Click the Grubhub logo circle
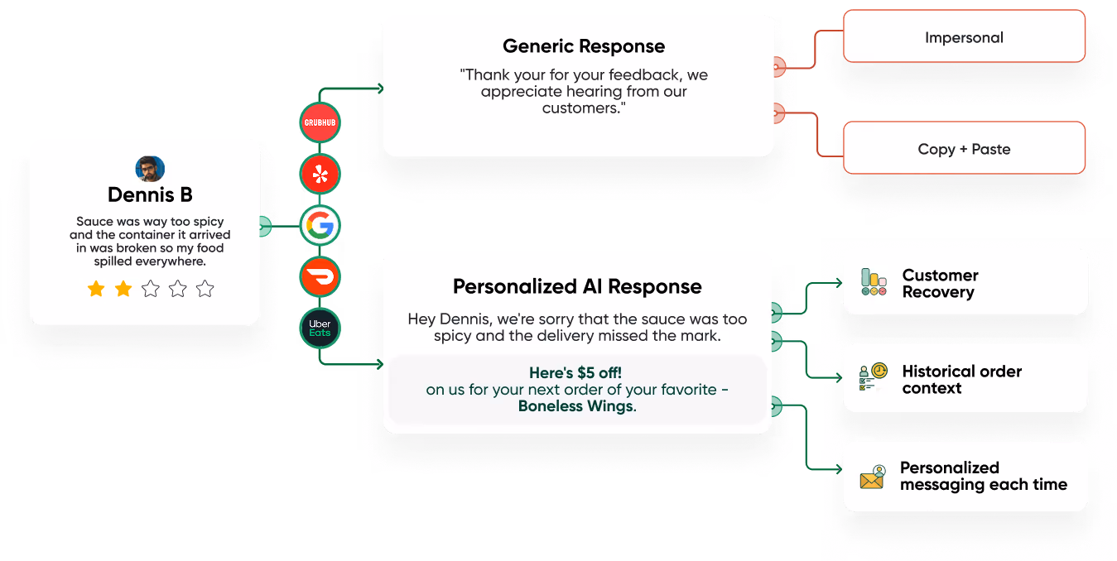pyautogui.click(x=320, y=122)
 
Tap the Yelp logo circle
pyautogui.click(x=320, y=174)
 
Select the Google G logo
pyautogui.click(x=320, y=225)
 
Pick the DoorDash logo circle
pyautogui.click(x=320, y=276)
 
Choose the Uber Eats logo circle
pyautogui.click(x=320, y=328)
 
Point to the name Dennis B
pyautogui.click(x=150, y=195)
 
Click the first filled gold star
pyautogui.click(x=96, y=289)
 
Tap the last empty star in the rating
pyautogui.click(x=205, y=289)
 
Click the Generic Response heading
pyautogui.click(x=583, y=46)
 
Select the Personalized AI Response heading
pyautogui.click(x=577, y=287)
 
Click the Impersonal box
pyautogui.click(x=964, y=37)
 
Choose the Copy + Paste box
pyautogui.click(x=964, y=150)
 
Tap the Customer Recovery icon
pyautogui.click(x=873, y=282)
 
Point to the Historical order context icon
pyautogui.click(x=873, y=377)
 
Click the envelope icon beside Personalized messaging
pyautogui.click(x=873, y=477)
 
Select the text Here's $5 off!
pyautogui.click(x=575, y=372)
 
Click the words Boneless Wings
pyautogui.click(x=575, y=406)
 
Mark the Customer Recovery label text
pyautogui.click(x=940, y=283)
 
